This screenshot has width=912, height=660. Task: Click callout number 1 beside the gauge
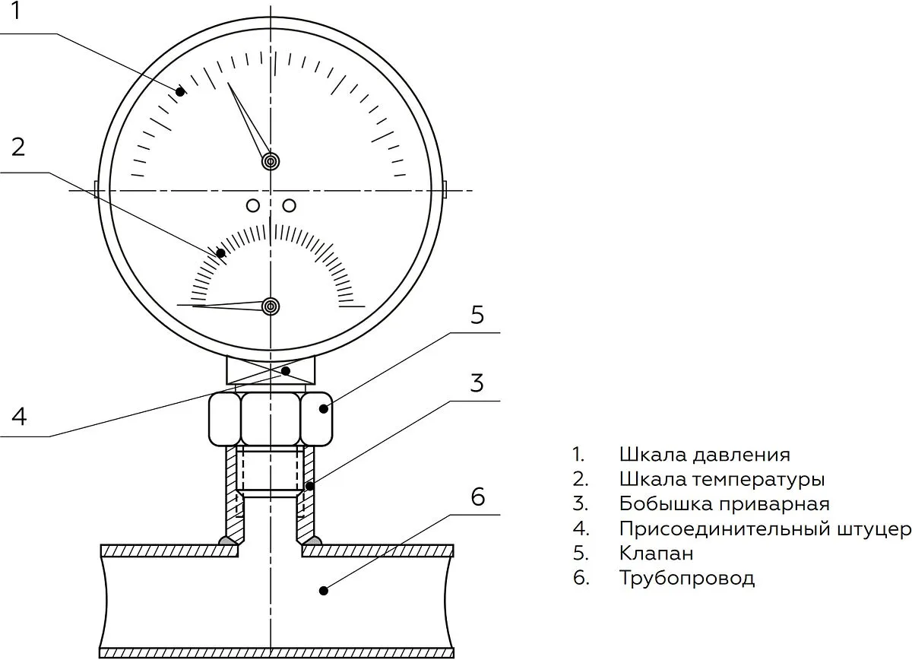coord(16,11)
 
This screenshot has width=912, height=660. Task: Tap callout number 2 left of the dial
coord(18,147)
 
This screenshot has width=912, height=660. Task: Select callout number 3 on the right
coord(477,383)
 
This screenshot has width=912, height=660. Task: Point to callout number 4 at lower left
coord(19,417)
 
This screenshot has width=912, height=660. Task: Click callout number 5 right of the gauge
coord(477,316)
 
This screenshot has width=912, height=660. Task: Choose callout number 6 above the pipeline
coord(478,497)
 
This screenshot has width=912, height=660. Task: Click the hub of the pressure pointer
coord(271,161)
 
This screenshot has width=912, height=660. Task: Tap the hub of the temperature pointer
coord(271,306)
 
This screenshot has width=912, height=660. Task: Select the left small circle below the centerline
coord(253,206)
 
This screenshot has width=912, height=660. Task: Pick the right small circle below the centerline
coord(289,206)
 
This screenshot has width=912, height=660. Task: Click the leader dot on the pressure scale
coord(180,92)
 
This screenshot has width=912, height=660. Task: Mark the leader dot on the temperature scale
coord(220,253)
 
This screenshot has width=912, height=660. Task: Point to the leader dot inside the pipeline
coord(323,591)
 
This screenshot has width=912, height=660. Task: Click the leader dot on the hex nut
coord(323,408)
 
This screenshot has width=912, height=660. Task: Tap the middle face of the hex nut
coord(271,419)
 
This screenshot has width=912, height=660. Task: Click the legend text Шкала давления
coord(705,455)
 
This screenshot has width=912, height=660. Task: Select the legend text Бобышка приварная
coord(724,504)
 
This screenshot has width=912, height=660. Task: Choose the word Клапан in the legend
coord(657,554)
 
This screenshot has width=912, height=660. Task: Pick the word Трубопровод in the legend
coord(687,579)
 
